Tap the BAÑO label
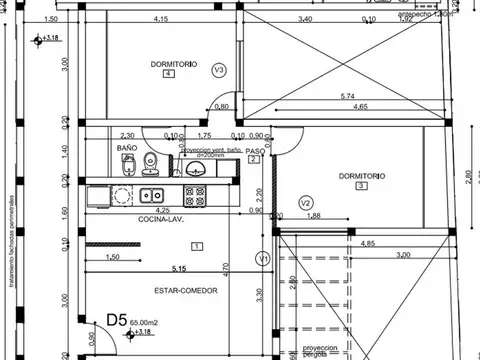[126, 147]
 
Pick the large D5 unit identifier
[118, 321]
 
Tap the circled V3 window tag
[219, 69]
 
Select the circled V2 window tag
[306, 203]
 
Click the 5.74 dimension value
[347, 96]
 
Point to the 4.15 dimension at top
[160, 19]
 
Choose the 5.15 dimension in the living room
[179, 268]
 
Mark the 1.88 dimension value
[313, 215]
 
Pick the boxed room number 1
[196, 246]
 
